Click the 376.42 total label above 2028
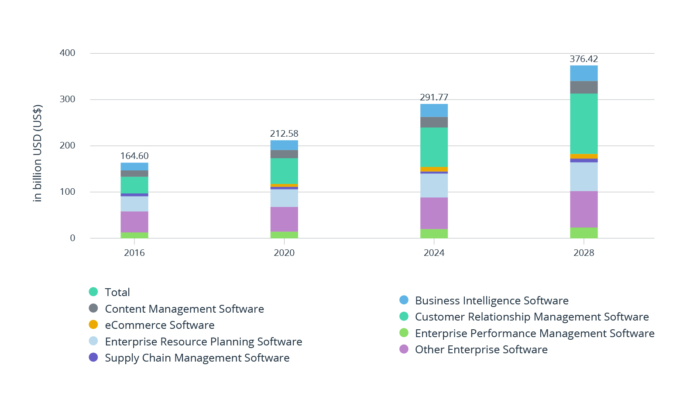point(583,59)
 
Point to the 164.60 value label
point(134,156)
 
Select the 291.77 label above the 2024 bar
point(434,97)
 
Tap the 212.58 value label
point(284,134)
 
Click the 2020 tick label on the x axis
point(284,253)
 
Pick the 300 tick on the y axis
point(68,99)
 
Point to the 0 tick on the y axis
point(72,238)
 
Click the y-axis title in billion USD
point(38,153)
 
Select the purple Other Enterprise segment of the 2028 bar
point(583,209)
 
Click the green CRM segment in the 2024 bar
point(434,147)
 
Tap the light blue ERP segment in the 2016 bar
point(134,203)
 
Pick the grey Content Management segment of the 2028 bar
point(583,87)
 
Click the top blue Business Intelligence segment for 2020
point(284,145)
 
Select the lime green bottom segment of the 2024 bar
point(434,234)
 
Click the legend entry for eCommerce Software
point(160,325)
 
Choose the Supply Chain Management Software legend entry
point(197,358)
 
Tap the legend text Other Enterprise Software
point(481,350)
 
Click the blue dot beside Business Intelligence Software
point(404,300)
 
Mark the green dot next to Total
point(93,292)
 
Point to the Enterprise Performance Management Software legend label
point(534,334)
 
